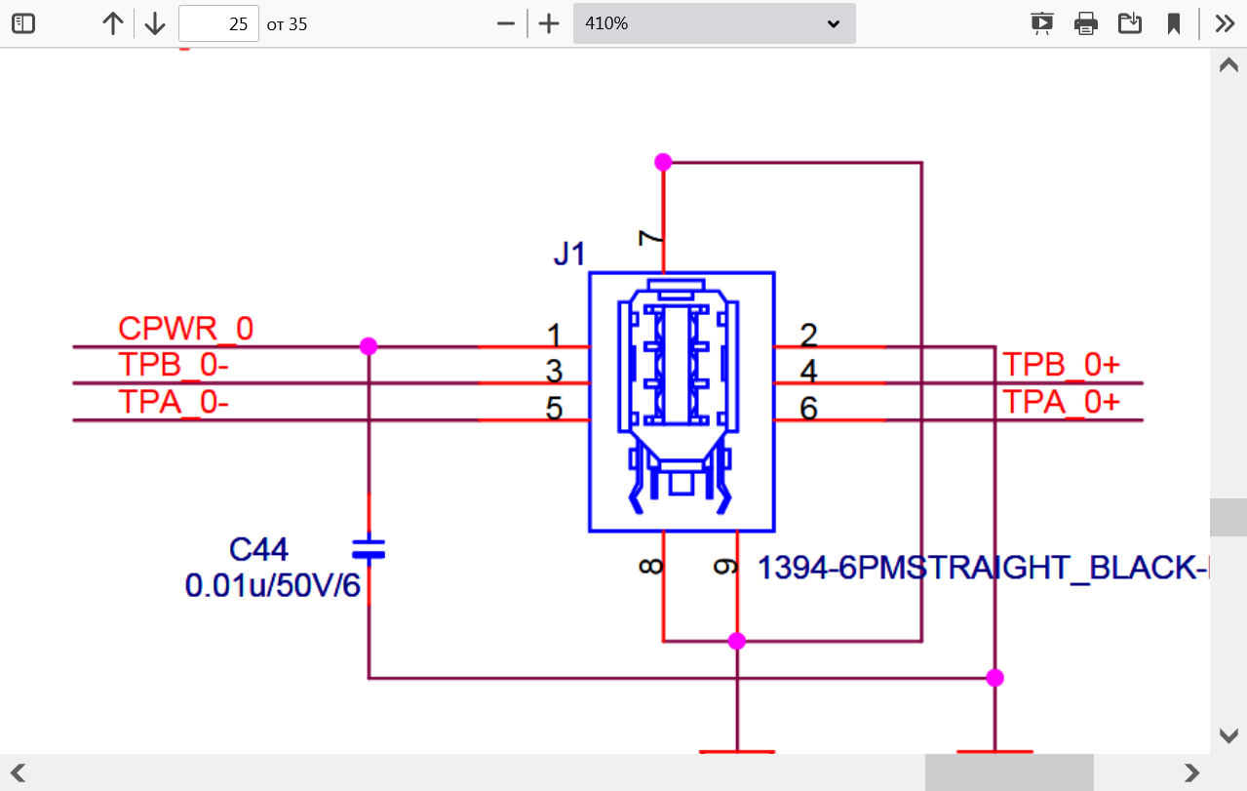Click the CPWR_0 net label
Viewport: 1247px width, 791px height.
185,328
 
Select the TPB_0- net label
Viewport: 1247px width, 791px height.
174,365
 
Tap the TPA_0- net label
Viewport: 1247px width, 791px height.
174,402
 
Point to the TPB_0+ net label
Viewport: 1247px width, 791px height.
1061,365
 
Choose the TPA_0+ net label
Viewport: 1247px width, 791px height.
1061,402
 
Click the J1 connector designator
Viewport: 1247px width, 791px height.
569,254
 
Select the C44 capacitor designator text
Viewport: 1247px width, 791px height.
258,549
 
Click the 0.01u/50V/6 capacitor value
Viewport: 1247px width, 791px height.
272,586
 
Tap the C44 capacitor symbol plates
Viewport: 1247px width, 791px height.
369,549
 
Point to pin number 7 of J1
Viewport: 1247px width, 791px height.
650,238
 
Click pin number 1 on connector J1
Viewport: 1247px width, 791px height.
554,336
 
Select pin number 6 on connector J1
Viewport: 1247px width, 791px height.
808,409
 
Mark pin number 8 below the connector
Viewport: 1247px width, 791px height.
650,567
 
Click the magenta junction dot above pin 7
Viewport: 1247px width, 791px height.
663,162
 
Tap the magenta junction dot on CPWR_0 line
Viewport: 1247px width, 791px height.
369,346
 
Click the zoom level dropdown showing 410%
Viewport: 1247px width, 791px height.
715,23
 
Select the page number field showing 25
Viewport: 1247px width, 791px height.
218,23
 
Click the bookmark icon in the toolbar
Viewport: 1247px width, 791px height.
1174,24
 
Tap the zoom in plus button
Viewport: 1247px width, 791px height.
549,24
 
